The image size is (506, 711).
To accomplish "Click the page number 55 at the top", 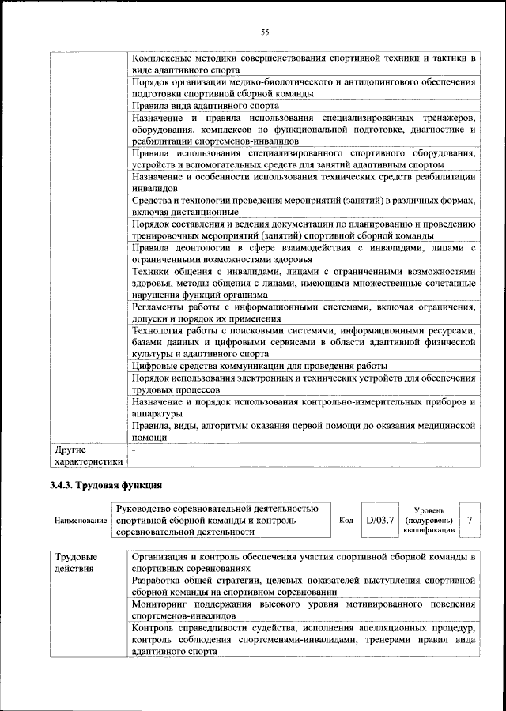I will coord(265,32).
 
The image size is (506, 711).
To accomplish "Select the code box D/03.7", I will coord(379,521).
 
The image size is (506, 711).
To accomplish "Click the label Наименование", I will coord(81,521).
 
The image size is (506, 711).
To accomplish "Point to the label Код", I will coord(346,521).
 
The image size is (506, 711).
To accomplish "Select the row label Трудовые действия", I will coord(76,562).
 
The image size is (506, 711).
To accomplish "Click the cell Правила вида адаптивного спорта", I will coord(206,104).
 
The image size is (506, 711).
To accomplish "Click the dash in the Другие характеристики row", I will coord(134,450).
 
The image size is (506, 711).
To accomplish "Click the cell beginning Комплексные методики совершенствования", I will coord(303,64).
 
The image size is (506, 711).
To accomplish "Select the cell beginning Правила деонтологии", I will coord(303,254).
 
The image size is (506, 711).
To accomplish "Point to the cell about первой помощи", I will coord(303,431).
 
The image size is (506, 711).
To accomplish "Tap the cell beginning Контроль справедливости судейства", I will coord(303,640).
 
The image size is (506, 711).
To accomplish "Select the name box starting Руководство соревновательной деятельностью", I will coord(221,521).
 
